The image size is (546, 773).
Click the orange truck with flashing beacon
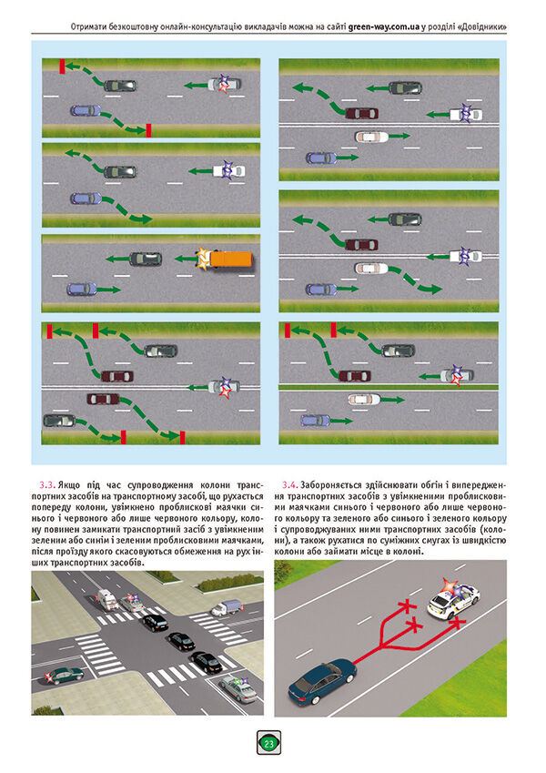[223, 259]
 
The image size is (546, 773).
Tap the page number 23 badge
[269, 743]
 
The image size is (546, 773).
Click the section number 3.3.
[46, 483]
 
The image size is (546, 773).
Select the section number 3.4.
[291, 483]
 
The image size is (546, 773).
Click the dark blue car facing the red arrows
[324, 680]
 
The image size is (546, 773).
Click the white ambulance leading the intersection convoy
[106, 598]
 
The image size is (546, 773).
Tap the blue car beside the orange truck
[81, 289]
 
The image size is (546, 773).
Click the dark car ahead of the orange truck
[145, 259]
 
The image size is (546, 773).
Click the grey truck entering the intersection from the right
[226, 607]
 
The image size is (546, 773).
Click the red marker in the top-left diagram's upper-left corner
[61, 66]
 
